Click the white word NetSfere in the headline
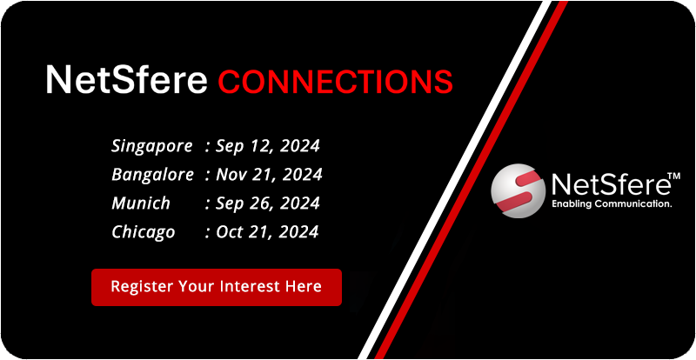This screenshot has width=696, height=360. (126, 79)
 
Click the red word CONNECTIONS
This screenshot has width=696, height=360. (335, 82)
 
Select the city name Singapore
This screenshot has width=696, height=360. (152, 146)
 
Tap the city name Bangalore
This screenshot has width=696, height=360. (152, 175)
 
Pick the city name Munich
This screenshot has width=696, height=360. (141, 203)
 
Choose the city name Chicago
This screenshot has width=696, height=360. (143, 232)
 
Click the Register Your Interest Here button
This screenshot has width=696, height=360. (217, 287)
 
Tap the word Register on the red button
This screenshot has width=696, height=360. (142, 287)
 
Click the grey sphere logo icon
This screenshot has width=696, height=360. (518, 191)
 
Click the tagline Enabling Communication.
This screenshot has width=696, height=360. (611, 204)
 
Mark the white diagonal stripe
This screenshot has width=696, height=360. (453, 180)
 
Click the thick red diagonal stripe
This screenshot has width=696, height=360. (471, 180)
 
